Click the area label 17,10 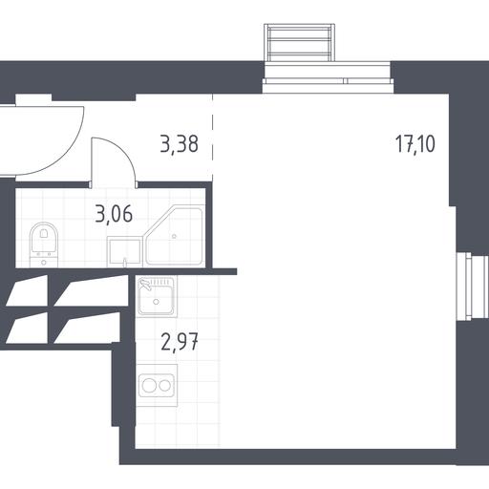pos(415,143)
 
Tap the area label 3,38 pos(180,144)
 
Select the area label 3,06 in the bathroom pos(114,214)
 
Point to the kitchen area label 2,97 pos(180,342)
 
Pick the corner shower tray pos(174,236)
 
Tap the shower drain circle pos(174,236)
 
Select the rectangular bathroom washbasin pos(124,252)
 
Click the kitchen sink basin pos(157,296)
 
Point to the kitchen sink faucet pos(145,285)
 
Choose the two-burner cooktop pos(157,386)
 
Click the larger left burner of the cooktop pos(148,386)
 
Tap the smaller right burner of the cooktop pos(165,386)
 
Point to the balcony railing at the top pos(299,42)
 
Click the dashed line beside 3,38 pos(212,138)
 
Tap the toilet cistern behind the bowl pos(44,259)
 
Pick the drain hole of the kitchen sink pos(156,302)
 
